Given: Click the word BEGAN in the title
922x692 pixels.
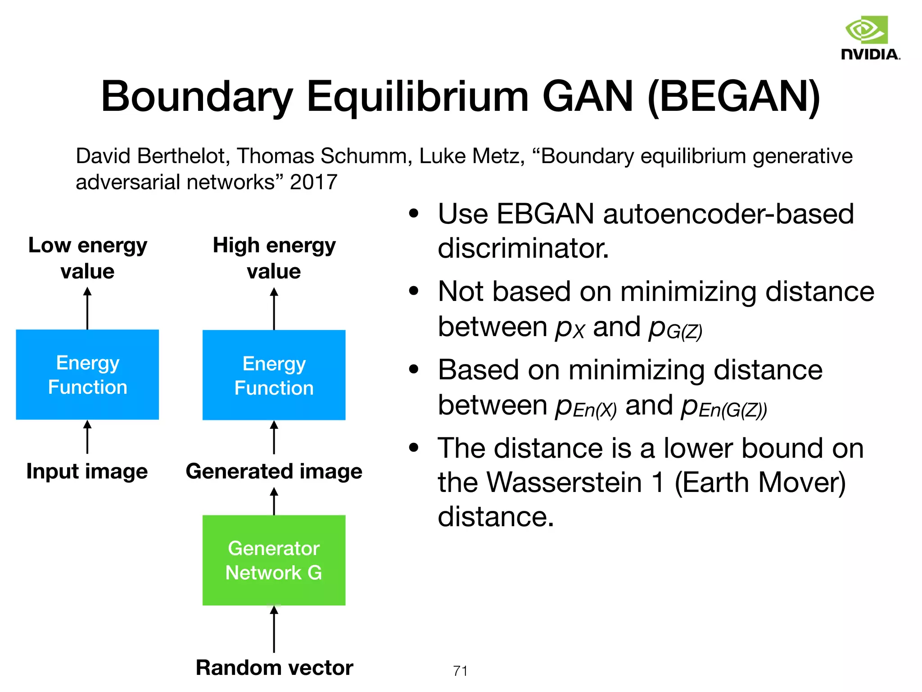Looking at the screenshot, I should coord(734,97).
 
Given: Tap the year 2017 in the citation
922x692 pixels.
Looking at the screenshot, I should coord(313,182).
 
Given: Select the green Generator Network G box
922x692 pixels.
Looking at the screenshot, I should coord(274,560).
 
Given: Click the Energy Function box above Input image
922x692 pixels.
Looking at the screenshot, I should coord(87,375).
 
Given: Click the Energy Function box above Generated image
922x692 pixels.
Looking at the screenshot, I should coord(274,375).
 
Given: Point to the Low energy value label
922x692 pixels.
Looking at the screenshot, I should coord(87,258).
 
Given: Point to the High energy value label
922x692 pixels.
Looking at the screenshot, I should coord(274,258).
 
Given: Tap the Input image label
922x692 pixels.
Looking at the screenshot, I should coord(87,472).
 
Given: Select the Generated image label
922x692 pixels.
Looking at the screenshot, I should coord(274,472).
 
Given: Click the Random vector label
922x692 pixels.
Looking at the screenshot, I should coord(274,668).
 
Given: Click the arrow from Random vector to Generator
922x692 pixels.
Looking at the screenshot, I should coord(274,629).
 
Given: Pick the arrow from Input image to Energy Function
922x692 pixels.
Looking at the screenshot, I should coord(87,437).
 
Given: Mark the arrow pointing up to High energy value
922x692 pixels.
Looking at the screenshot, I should coord(274,310).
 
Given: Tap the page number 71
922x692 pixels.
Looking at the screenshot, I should coord(460,671).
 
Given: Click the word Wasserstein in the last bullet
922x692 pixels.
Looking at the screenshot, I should coord(564,483).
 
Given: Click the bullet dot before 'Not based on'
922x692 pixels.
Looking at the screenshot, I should coord(414,291).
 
